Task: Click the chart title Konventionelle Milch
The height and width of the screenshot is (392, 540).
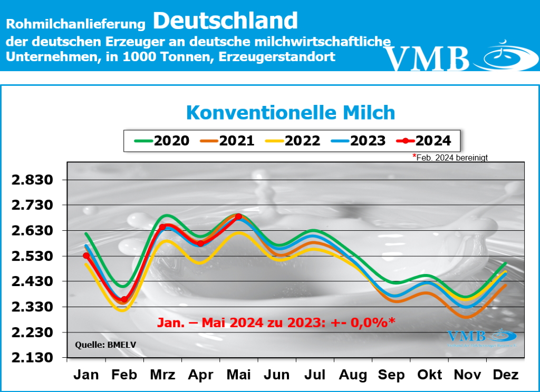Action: coord(291,112)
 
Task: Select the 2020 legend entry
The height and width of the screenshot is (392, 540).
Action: coord(161,141)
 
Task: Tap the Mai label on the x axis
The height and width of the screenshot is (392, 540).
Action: coord(239,375)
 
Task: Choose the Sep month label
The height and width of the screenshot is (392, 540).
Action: coord(391,375)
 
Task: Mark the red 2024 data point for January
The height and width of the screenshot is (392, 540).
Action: coord(86,256)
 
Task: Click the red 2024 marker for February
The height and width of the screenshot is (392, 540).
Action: coord(124,299)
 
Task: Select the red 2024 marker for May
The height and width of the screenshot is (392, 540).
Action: coord(238,217)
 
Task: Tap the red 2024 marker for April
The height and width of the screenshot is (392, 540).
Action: coord(200,243)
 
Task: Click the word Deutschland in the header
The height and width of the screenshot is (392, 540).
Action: coord(226,21)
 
